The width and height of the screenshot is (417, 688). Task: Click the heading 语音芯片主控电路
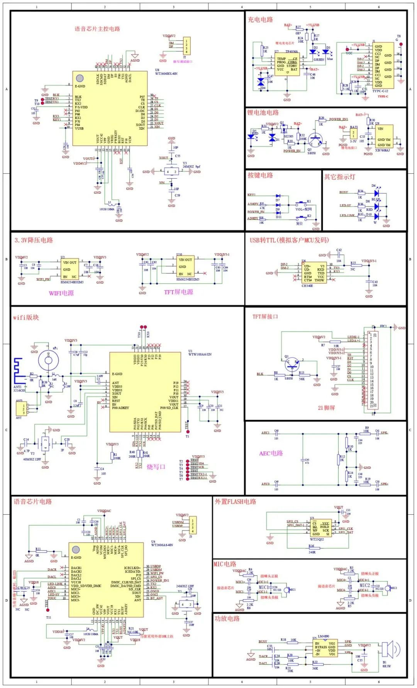[x=97, y=29]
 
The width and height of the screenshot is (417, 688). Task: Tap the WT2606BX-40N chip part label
[x=166, y=74]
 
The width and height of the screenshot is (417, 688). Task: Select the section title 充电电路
[x=260, y=20]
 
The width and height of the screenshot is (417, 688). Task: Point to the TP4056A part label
[x=292, y=51]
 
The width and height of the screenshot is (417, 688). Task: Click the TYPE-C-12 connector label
[x=380, y=91]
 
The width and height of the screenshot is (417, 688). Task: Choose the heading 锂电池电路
[x=263, y=113]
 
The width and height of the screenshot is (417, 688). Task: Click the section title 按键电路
[x=260, y=175]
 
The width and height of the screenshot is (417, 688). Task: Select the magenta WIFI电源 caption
[x=61, y=293]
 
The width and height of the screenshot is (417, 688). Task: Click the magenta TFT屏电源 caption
[x=178, y=292]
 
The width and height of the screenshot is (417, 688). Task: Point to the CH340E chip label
[x=307, y=286]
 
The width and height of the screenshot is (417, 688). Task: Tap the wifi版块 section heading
[x=26, y=318]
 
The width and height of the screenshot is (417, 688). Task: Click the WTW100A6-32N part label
[x=200, y=354]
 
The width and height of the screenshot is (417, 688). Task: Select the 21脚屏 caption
[x=326, y=407]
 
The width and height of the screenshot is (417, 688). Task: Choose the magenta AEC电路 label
[x=271, y=453]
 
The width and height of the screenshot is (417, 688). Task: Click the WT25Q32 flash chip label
[x=317, y=539]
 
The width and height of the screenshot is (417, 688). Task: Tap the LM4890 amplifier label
[x=323, y=636]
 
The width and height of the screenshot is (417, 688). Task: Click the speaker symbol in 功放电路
[x=387, y=650]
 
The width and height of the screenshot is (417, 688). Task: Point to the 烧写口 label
[x=156, y=467]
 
